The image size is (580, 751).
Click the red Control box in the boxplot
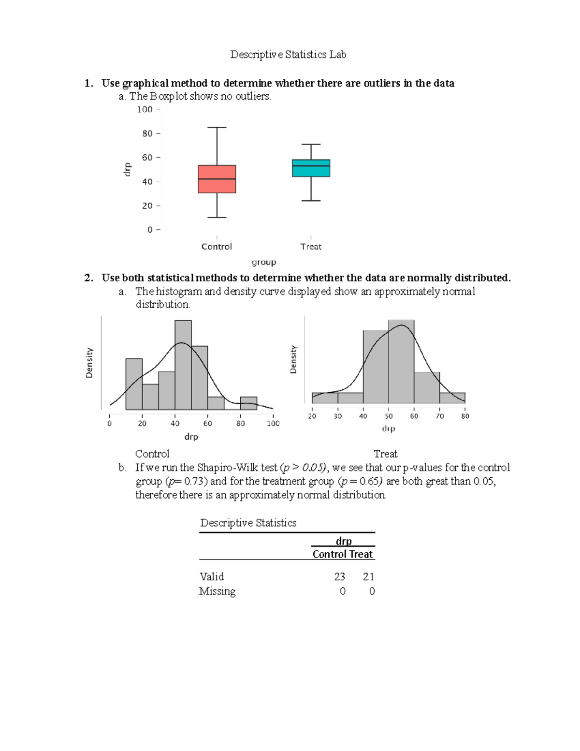[x=217, y=179]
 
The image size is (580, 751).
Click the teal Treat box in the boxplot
[x=311, y=168]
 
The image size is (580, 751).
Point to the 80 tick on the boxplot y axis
[x=147, y=133]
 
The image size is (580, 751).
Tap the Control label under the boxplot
[x=217, y=247]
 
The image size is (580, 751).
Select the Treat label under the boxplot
[x=311, y=247]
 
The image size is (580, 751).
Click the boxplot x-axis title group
[x=264, y=262]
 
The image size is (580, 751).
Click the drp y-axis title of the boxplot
[x=127, y=170]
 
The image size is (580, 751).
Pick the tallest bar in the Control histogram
[x=183, y=365]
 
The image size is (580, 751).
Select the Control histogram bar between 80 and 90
[x=248, y=403]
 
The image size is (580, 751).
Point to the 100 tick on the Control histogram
[x=273, y=423]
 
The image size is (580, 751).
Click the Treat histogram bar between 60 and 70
[x=427, y=387]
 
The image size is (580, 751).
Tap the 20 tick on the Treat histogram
[x=312, y=416]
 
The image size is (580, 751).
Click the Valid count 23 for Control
[x=339, y=576]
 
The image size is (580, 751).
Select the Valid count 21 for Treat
[x=368, y=576]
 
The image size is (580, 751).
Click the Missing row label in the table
[x=217, y=591]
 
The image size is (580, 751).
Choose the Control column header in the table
[x=329, y=554]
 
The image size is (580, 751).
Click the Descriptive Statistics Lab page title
[x=288, y=55]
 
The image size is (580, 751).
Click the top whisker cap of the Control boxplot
[x=217, y=127]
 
